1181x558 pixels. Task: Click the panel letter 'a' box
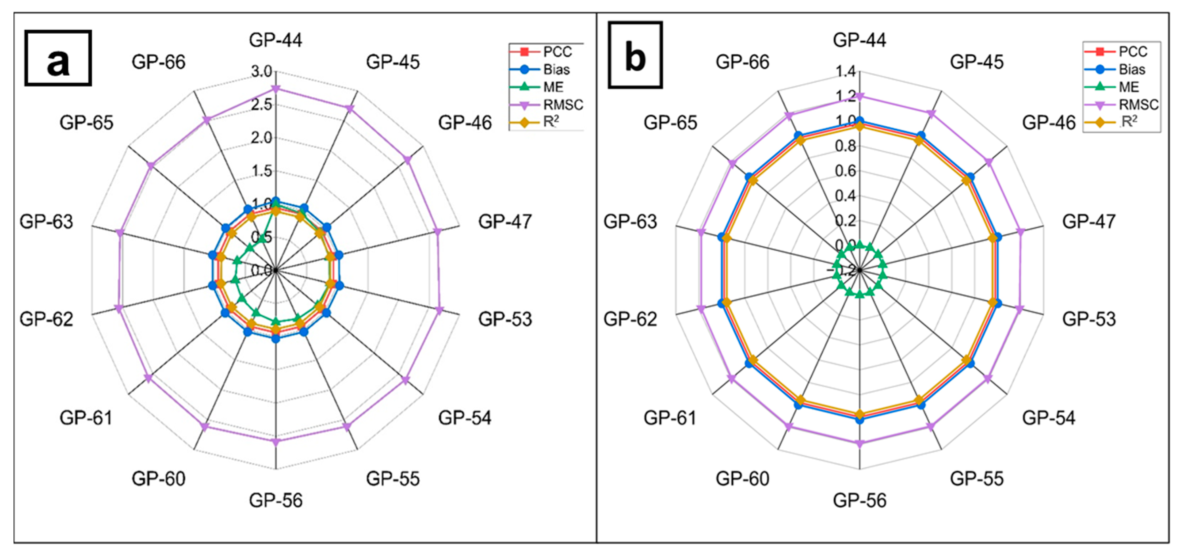[x=58, y=58]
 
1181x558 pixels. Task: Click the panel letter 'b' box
[x=635, y=55]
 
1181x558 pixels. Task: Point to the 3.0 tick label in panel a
[x=262, y=71]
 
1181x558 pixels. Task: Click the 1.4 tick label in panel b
[x=845, y=71]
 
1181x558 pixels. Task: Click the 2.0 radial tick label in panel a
[x=262, y=138]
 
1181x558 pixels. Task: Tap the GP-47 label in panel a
[x=505, y=222]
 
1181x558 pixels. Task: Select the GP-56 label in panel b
[x=860, y=500]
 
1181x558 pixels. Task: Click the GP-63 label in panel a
[x=46, y=222]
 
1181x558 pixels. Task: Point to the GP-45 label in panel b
[x=977, y=62]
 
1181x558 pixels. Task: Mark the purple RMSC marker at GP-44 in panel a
[x=275, y=88]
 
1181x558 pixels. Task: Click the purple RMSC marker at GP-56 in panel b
[x=860, y=444]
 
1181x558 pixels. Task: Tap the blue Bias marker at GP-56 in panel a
[x=275, y=339]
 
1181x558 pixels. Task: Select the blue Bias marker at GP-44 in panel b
[x=860, y=121]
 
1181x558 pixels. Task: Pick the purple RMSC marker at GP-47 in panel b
[x=1021, y=232]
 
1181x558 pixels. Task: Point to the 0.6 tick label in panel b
[x=845, y=171]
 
